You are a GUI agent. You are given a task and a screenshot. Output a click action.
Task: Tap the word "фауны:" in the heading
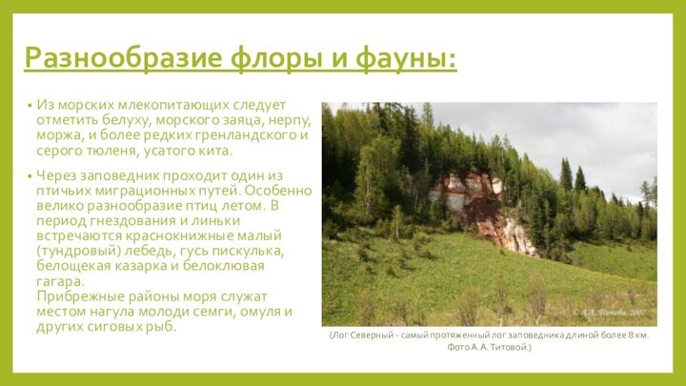point(404,59)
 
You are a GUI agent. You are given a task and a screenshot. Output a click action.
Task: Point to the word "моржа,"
point(58,135)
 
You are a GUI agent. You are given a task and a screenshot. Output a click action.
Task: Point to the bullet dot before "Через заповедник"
point(30,176)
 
